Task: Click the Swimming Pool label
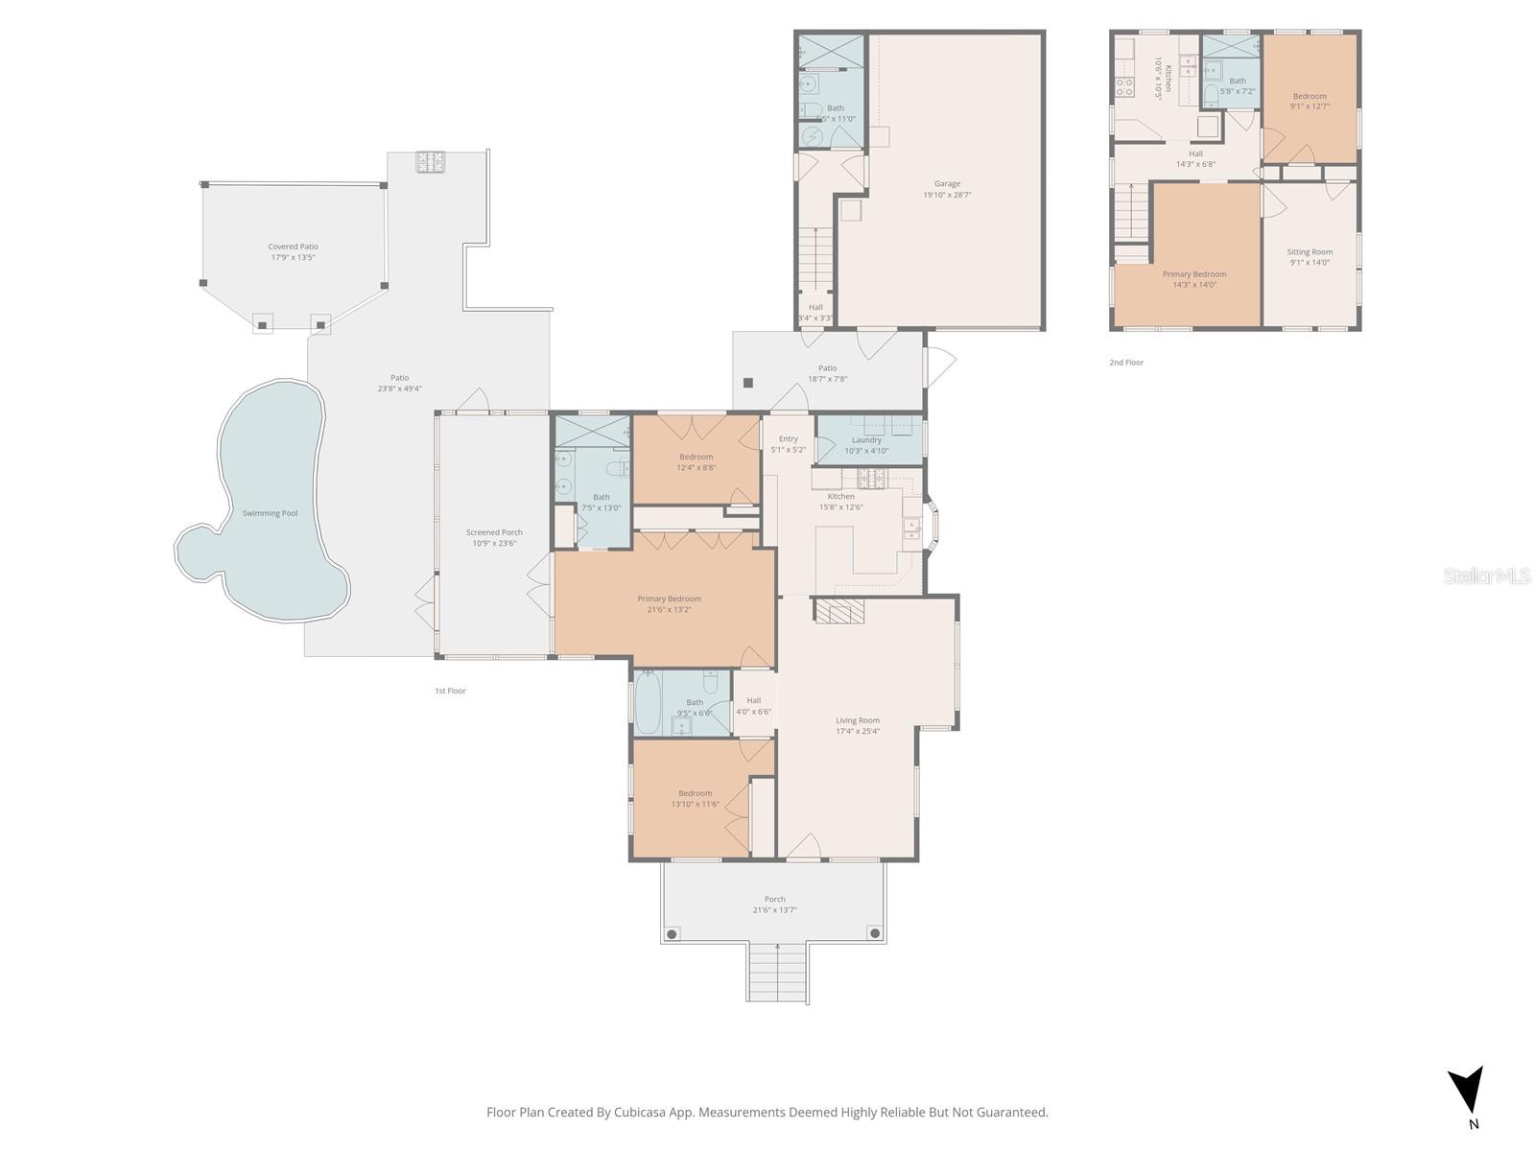270,513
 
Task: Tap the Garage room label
947,183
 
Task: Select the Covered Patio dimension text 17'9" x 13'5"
293,257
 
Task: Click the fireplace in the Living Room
839,611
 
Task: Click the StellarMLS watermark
1487,575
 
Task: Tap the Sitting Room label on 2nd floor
1310,251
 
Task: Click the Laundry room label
866,440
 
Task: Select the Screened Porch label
494,532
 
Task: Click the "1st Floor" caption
450,691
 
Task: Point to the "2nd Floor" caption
1126,363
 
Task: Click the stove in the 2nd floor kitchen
1124,87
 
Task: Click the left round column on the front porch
672,933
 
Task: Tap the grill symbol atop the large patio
429,162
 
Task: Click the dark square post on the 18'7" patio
748,383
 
